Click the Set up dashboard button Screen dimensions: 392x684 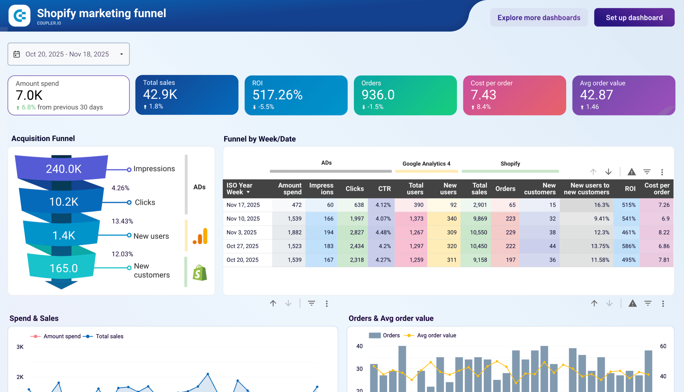coord(634,18)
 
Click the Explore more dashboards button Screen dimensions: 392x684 coord(539,18)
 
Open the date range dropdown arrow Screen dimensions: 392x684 coord(122,54)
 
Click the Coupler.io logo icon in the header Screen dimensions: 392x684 coord(20,15)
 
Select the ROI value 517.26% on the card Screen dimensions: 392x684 coord(277,95)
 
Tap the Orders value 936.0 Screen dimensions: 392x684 coord(378,95)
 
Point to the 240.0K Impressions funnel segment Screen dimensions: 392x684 coord(63,169)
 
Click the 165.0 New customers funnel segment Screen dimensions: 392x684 coord(63,268)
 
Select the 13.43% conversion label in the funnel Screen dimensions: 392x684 coord(122,221)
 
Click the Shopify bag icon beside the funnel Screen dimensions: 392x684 coord(200,273)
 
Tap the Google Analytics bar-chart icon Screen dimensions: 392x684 coord(200,236)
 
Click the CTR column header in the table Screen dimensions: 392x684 coord(384,189)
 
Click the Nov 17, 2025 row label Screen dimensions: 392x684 coord(243,205)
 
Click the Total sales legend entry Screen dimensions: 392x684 coord(109,336)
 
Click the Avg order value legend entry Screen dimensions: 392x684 coord(436,335)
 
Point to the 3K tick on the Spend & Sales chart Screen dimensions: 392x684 coord(20,347)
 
